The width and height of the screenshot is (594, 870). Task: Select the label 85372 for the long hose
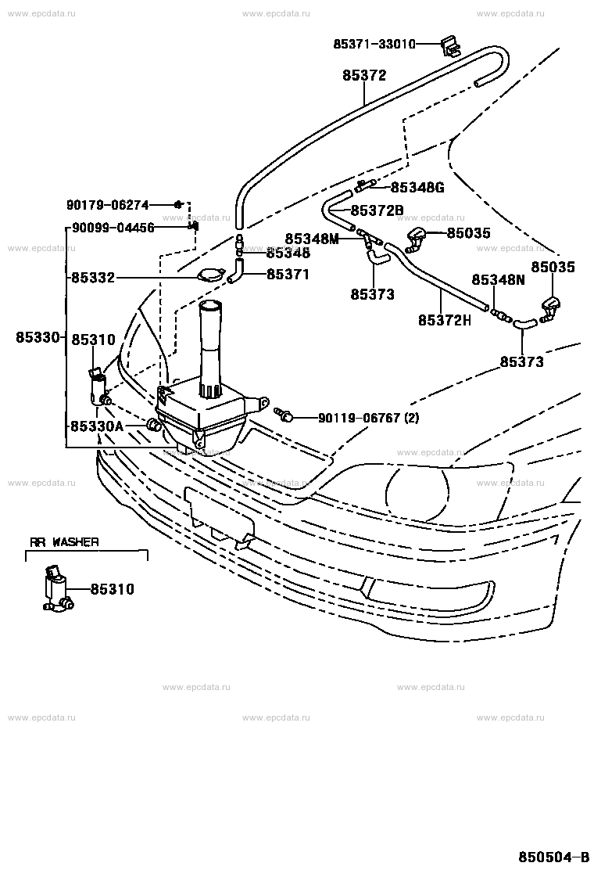tap(364, 76)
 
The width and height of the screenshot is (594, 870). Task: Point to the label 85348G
tap(417, 187)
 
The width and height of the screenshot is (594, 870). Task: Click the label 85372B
tap(377, 210)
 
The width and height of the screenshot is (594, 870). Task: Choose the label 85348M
tap(312, 239)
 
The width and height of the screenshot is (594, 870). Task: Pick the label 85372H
tap(445, 320)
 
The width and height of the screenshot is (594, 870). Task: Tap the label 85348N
tap(497, 279)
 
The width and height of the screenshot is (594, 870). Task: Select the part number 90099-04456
tap(113, 228)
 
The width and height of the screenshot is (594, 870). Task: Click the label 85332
tap(93, 277)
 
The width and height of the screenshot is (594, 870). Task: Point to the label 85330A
tap(97, 426)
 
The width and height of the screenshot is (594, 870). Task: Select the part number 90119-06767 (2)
tap(368, 419)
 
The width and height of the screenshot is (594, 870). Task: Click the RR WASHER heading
tap(64, 541)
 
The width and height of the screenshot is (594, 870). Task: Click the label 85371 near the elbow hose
tap(288, 275)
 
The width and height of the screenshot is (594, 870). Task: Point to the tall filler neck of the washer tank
tap(210, 344)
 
